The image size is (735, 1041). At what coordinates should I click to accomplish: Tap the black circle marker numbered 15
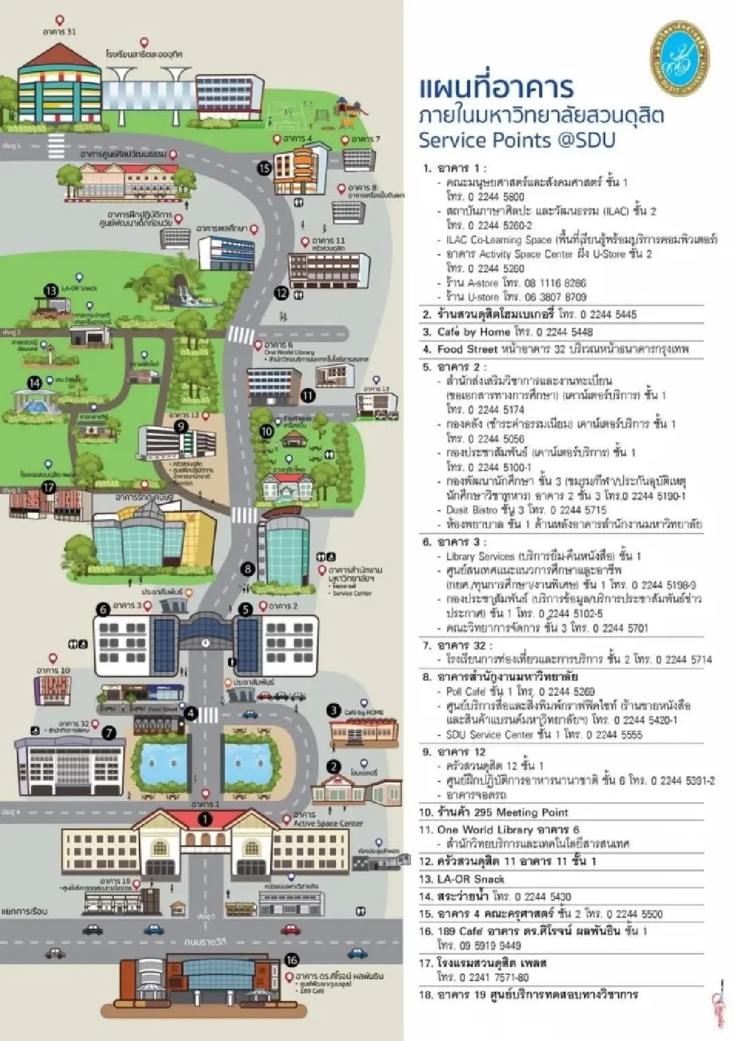click(265, 168)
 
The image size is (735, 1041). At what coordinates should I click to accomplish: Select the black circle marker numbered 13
click(51, 290)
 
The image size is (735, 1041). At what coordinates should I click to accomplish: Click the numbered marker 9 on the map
click(181, 426)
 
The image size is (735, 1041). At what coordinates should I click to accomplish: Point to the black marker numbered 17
click(48, 488)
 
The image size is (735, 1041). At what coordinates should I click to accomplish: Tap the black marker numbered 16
click(292, 960)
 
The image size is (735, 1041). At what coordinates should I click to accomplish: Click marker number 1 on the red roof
click(205, 819)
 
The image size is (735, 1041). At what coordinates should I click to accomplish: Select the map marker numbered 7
click(109, 732)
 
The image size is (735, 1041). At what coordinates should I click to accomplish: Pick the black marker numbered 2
click(333, 766)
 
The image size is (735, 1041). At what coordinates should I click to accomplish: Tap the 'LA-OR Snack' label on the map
click(79, 288)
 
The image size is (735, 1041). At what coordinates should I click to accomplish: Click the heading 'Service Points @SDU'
click(516, 140)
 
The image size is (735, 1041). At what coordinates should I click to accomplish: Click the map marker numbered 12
click(281, 293)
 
